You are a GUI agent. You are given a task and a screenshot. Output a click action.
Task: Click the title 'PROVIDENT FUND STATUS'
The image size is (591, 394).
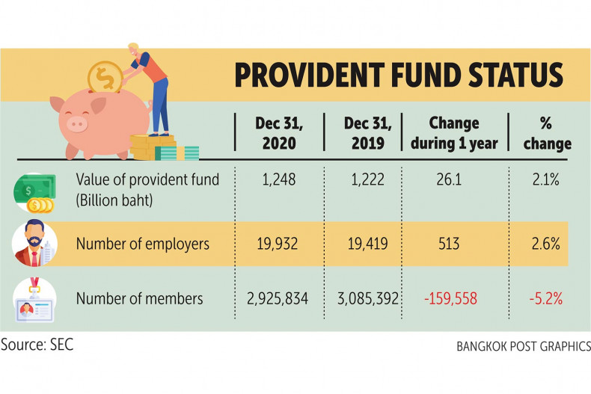399,76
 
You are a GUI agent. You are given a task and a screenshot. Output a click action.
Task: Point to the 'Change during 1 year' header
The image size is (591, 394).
453,132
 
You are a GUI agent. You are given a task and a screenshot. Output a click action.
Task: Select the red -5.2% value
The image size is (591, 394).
547,299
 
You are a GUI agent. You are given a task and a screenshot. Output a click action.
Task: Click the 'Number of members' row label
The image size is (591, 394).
139,299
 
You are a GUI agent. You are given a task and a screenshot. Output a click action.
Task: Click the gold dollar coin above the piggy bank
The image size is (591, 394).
103,77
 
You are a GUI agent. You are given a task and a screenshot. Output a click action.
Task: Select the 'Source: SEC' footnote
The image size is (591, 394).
37,345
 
